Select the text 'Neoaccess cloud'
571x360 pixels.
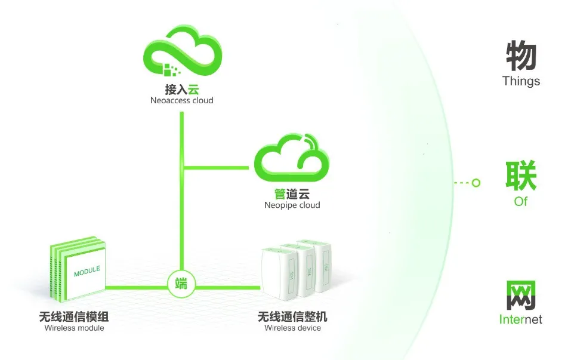[x=181, y=101]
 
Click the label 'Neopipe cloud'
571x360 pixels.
[x=292, y=205]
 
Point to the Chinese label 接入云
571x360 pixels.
[x=181, y=90]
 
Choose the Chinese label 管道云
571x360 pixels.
[x=292, y=194]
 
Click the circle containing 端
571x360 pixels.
[x=181, y=283]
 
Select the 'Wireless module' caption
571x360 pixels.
[x=74, y=328]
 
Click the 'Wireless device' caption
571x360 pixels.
[x=292, y=328]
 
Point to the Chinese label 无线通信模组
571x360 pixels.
[x=74, y=316]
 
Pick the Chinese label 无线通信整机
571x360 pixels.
[x=292, y=316]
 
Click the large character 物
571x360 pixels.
[x=521, y=57]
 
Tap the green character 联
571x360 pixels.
[x=521, y=177]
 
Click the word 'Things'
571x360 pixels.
[x=521, y=81]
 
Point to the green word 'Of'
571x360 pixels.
[x=521, y=202]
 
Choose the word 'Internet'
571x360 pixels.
[x=521, y=320]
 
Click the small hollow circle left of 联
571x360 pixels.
[x=476, y=183]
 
